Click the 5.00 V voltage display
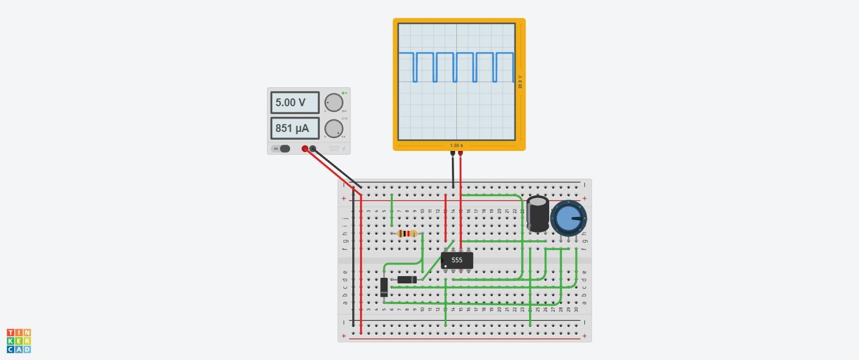tap(295, 103)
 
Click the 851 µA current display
tap(295, 129)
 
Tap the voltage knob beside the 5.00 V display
tap(334, 103)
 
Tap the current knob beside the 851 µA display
tap(334, 129)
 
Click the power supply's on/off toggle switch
tap(284, 149)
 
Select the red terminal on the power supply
tap(305, 149)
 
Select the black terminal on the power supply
tap(313, 149)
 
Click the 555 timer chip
tap(457, 260)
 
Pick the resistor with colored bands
tap(407, 234)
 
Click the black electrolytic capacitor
tap(538, 213)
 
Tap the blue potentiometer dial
tap(568, 219)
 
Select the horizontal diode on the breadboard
tap(407, 280)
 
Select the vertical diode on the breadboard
tap(384, 287)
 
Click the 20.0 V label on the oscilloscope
tap(520, 82)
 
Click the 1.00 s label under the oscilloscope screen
tap(456, 145)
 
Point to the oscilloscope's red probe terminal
tap(460, 153)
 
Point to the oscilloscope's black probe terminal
tap(452, 153)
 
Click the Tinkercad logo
tap(19, 341)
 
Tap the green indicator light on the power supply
tap(343, 93)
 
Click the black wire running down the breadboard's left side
tap(353, 257)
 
